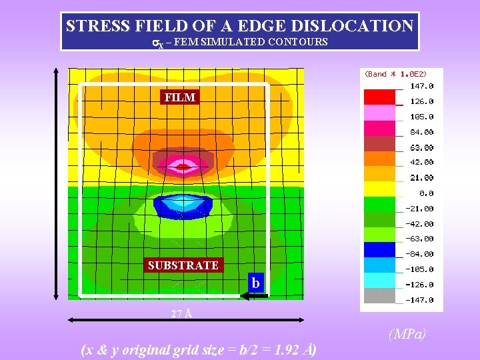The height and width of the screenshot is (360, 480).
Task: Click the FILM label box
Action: pyautogui.click(x=180, y=97)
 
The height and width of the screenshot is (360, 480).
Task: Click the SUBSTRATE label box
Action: pyautogui.click(x=183, y=265)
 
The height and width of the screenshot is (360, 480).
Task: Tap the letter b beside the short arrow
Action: pyautogui.click(x=255, y=283)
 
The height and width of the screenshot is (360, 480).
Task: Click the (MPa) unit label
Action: pyautogui.click(x=407, y=333)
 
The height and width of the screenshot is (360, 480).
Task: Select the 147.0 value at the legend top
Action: pyautogui.click(x=421, y=86)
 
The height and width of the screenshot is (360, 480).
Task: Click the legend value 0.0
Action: pyautogui.click(x=426, y=193)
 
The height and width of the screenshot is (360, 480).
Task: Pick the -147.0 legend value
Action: pyautogui.click(x=420, y=300)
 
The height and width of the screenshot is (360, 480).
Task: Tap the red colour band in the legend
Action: pyautogui.click(x=379, y=97)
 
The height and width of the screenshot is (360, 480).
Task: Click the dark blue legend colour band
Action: pyautogui.click(x=379, y=249)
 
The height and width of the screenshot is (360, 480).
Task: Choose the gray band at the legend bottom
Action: pyautogui.click(x=379, y=295)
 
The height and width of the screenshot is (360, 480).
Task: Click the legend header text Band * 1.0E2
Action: pyautogui.click(x=395, y=74)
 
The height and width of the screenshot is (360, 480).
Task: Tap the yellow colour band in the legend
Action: pyautogui.click(x=379, y=188)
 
